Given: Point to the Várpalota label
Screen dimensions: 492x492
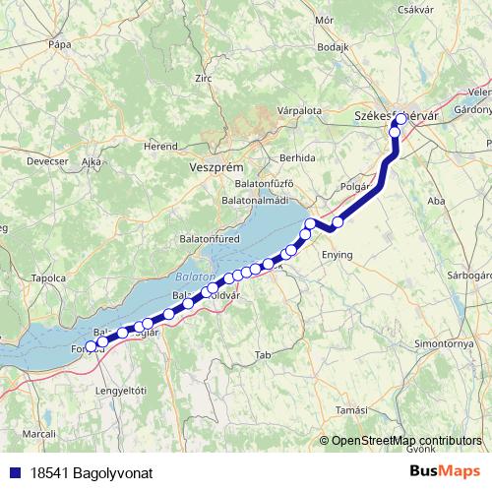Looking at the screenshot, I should click(299, 111).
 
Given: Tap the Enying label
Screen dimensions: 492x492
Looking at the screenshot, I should click(338, 255).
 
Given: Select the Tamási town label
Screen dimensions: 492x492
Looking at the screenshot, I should click(351, 408).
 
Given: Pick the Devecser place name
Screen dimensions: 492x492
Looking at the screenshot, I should click(46, 158).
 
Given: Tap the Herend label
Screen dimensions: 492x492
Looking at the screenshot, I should click(160, 145).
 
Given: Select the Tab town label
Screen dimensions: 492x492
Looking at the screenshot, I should click(262, 354).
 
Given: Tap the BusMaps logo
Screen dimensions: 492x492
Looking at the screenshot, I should click(446, 472).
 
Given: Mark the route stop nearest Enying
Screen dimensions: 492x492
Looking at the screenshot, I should click(338, 222).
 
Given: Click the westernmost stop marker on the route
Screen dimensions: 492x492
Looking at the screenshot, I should click(91, 346).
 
